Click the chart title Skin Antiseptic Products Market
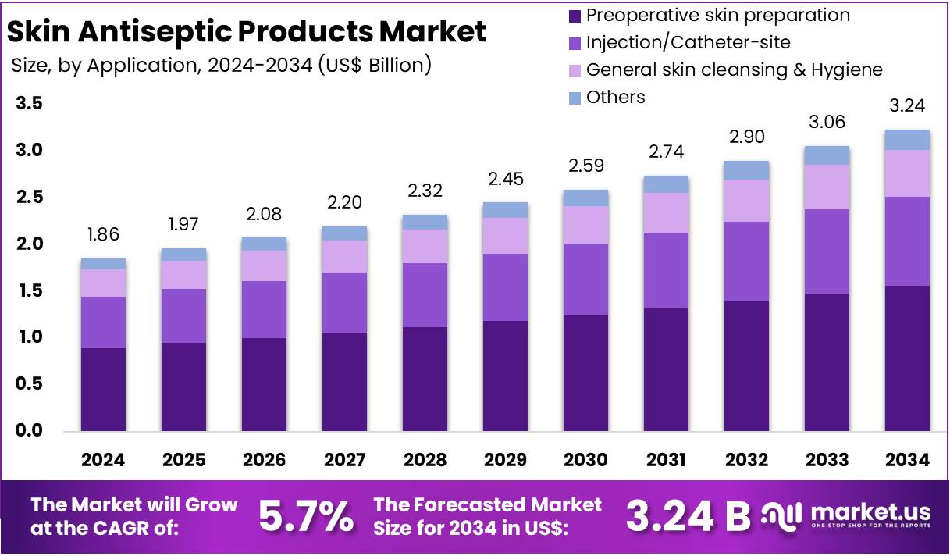pyautogui.click(x=247, y=31)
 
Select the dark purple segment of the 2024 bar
pyautogui.click(x=103, y=389)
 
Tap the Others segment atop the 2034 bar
pyautogui.click(x=907, y=140)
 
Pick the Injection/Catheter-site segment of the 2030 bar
pyautogui.click(x=585, y=279)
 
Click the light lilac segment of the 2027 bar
pyautogui.click(x=344, y=256)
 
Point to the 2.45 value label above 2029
pyautogui.click(x=505, y=179)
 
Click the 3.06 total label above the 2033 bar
pyautogui.click(x=827, y=123)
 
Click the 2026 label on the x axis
pyautogui.click(x=264, y=459)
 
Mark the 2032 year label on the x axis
pyautogui.click(x=746, y=459)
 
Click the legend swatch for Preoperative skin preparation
pyautogui.click(x=575, y=15)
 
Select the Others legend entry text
pyautogui.click(x=615, y=97)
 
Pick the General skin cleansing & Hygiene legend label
pyautogui.click(x=734, y=69)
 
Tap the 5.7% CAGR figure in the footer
pyautogui.click(x=305, y=515)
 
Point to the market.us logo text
pyautogui.click(x=870, y=512)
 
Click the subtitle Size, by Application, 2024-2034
pyautogui.click(x=222, y=65)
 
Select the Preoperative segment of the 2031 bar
pyautogui.click(x=666, y=369)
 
